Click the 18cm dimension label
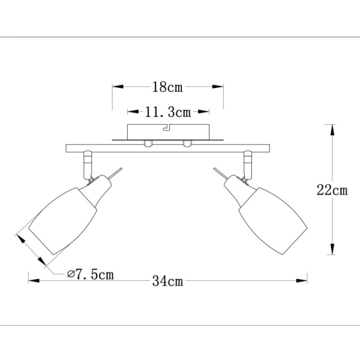click(167, 88)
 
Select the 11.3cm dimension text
click(168, 112)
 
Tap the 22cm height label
click(332, 191)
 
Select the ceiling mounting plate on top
click(167, 131)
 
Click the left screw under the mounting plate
click(148, 143)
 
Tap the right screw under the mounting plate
click(187, 143)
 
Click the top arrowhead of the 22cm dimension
click(330, 128)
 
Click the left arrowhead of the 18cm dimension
click(116, 88)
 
